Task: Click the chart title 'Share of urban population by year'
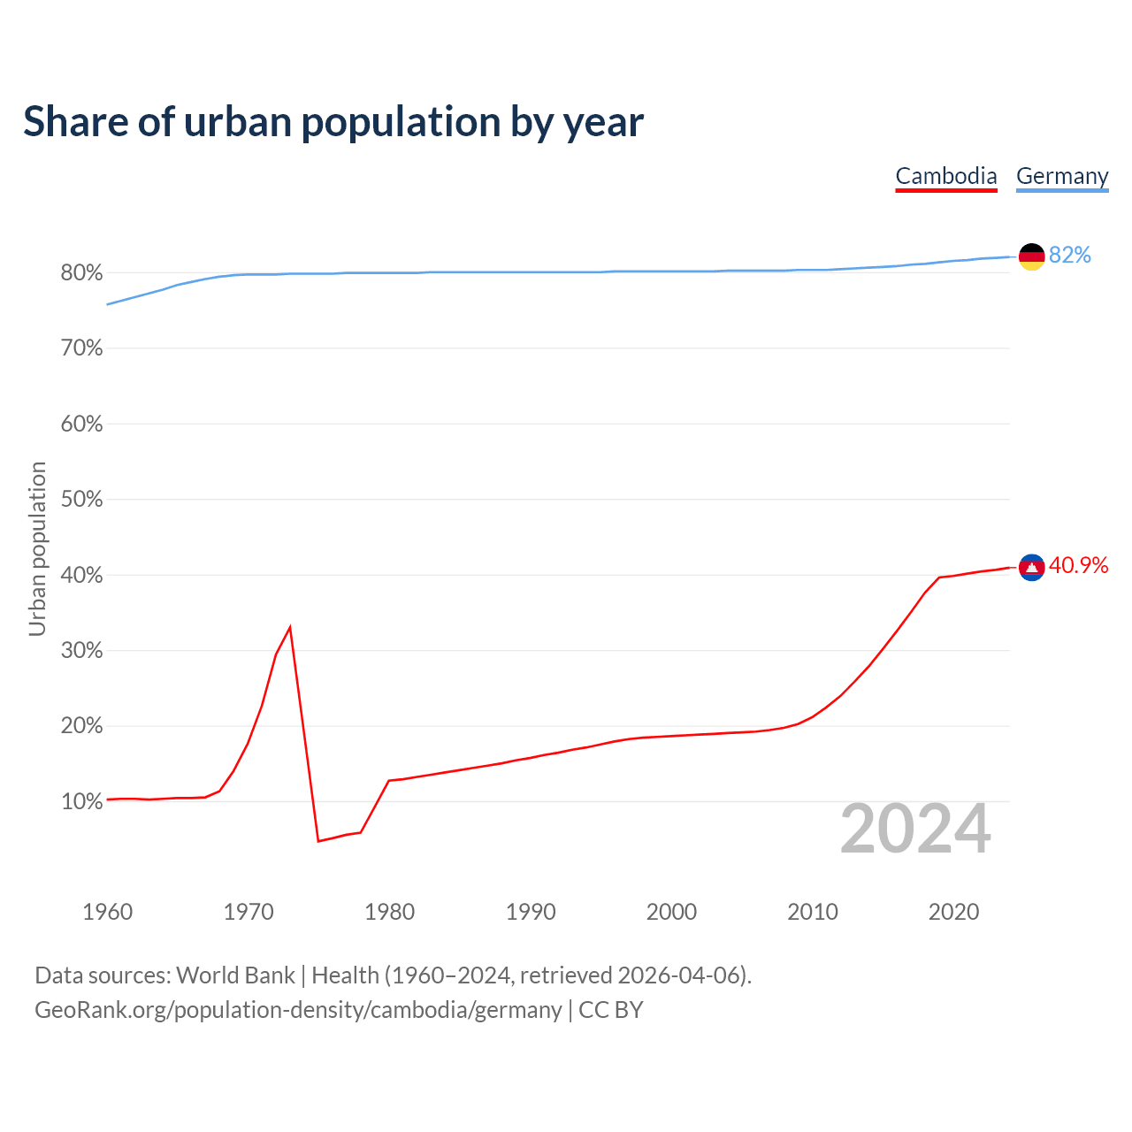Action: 333,122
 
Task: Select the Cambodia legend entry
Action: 946,176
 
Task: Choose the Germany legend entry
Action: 1062,176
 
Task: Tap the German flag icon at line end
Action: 1032,256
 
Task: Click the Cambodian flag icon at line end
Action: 1032,567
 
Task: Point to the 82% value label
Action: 1070,256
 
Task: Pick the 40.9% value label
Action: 1078,566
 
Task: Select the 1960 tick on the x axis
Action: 108,912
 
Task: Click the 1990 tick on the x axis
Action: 531,912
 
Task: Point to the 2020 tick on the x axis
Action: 953,912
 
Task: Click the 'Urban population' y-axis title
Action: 37,548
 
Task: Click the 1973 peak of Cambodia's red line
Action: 290,627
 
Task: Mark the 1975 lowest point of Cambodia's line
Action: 318,840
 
